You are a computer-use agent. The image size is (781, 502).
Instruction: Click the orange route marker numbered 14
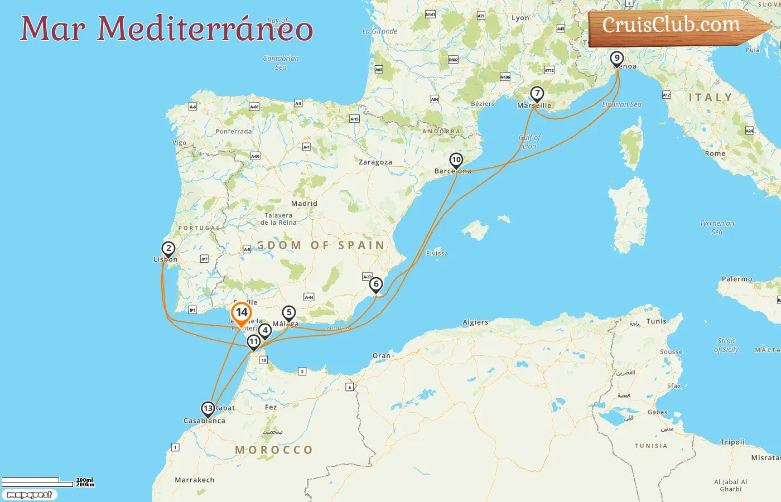[x=242, y=313]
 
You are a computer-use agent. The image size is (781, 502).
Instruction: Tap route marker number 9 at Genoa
[x=616, y=58]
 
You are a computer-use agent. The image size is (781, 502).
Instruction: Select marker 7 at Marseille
[x=537, y=94]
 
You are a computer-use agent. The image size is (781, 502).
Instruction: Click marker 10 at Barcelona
[x=456, y=160]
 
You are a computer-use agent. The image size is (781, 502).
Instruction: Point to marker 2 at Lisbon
[x=168, y=248]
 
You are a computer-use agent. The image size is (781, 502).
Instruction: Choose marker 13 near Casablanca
[x=208, y=409]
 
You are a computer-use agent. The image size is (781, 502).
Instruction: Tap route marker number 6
[x=376, y=284]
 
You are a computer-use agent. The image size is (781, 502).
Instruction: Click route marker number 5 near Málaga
[x=288, y=312]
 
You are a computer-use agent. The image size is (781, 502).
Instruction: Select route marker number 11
[x=254, y=341]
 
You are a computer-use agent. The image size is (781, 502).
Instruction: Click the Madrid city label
[x=304, y=204]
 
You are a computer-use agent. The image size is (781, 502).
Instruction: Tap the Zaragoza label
[x=375, y=162]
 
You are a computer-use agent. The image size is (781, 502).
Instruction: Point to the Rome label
[x=715, y=153]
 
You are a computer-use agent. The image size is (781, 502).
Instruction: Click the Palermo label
[x=737, y=279]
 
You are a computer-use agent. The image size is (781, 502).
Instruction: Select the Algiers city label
[x=475, y=322]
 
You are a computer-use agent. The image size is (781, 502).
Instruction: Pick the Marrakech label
[x=194, y=480]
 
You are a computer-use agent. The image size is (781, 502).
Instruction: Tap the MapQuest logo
[x=29, y=494]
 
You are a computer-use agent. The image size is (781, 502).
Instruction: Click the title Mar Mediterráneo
[x=166, y=29]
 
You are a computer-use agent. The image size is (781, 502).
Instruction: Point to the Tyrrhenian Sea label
[x=717, y=227]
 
